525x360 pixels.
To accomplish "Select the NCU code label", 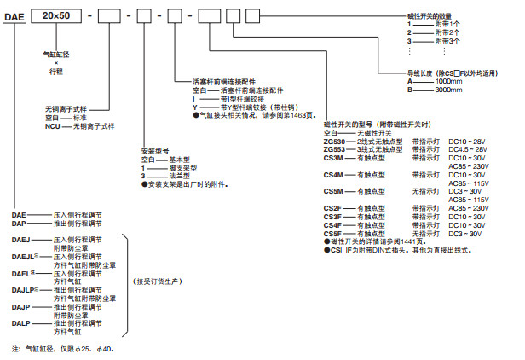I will pyautogui.click(x=55, y=125).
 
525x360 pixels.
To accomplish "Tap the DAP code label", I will pyautogui.click(x=21, y=224).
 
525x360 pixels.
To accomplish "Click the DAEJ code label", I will pyautogui.click(x=23, y=240).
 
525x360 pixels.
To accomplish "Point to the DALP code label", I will pyautogui.click(x=23, y=322).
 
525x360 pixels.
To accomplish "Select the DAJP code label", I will pyautogui.click(x=23, y=305).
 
